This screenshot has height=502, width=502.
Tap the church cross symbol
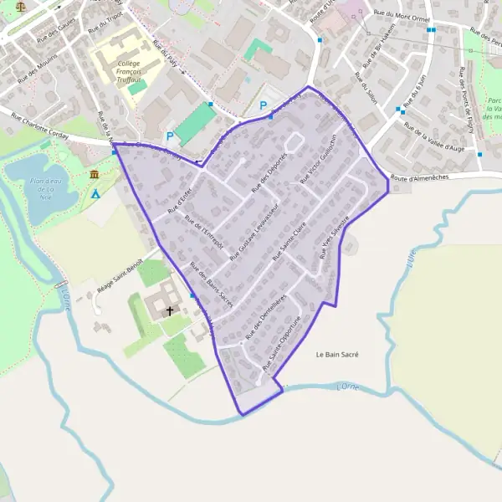[171, 310]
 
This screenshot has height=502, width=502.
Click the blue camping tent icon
[95, 194]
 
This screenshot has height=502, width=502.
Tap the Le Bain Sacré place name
[337, 355]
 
